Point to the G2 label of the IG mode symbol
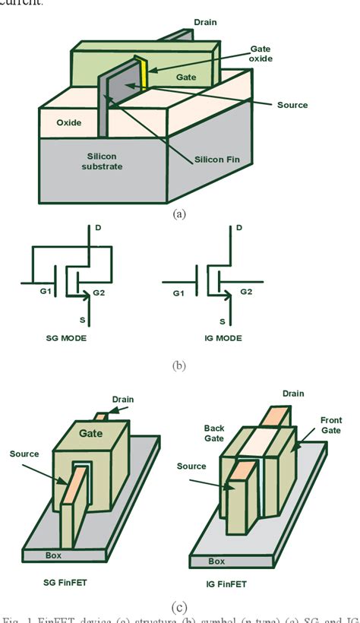tap(246, 291)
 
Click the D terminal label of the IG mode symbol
tap(239, 228)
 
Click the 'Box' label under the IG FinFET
tap(216, 562)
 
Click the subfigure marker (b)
tap(179, 365)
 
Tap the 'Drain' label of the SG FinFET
tap(122, 399)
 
